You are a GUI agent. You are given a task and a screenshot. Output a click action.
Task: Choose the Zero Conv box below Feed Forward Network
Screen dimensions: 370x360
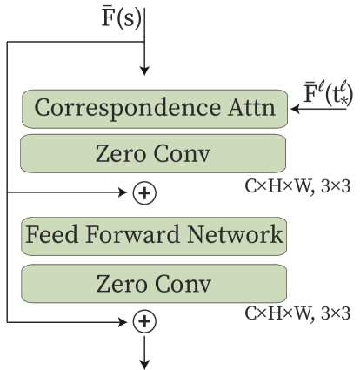pyautogui.click(x=154, y=284)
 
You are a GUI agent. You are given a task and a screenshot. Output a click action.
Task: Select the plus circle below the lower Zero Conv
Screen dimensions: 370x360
pyautogui.click(x=145, y=322)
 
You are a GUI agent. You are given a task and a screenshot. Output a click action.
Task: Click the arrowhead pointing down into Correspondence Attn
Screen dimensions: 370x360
pyautogui.click(x=145, y=71)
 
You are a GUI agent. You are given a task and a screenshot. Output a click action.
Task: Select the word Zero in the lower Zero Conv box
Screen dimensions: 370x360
pyautogui.click(x=120, y=285)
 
